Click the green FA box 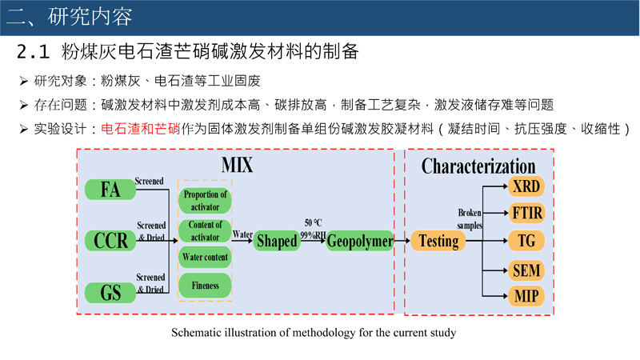pos(110,190)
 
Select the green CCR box pos(110,240)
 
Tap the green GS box pos(110,292)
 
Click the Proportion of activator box pos(205,201)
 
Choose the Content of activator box pos(205,230)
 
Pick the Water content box pos(205,258)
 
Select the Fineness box pos(205,286)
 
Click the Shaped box pos(276,241)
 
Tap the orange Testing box pos(438,241)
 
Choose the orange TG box pos(526,240)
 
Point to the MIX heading pos(237,166)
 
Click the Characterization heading pos(478,166)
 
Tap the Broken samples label pos(470,219)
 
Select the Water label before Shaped pos(242,235)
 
